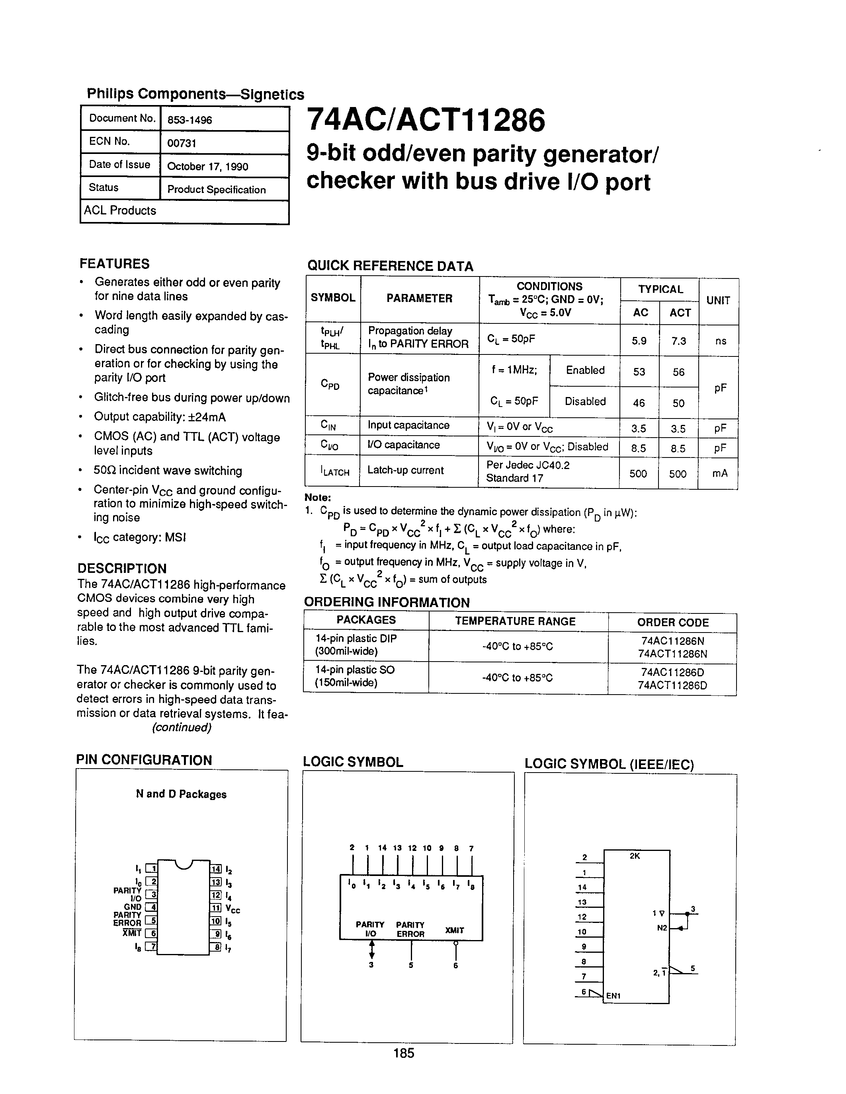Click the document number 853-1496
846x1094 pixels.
click(x=190, y=120)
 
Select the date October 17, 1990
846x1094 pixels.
click(x=207, y=166)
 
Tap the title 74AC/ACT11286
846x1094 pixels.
click(x=425, y=121)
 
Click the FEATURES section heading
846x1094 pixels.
click(x=114, y=264)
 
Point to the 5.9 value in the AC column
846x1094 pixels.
click(x=639, y=341)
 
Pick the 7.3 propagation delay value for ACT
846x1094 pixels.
click(x=679, y=341)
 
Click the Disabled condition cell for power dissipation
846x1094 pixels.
click(x=585, y=401)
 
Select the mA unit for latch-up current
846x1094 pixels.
click(x=719, y=473)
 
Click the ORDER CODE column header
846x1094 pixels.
click(x=672, y=623)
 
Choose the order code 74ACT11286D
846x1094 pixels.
click(x=672, y=685)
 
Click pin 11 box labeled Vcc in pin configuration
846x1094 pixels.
click(x=215, y=908)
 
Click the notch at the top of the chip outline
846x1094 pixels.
click(x=184, y=864)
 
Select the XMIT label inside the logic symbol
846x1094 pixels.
click(x=455, y=930)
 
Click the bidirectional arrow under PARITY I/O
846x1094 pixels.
click(x=371, y=948)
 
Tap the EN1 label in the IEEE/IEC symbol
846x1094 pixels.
click(x=613, y=996)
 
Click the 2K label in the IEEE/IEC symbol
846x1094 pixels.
click(x=635, y=856)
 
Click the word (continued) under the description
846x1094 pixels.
click(x=182, y=727)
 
